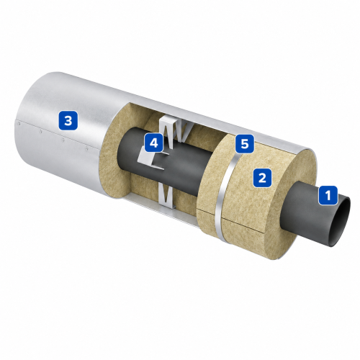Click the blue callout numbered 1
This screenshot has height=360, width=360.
click(x=328, y=195)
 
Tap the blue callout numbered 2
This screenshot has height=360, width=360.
click(x=262, y=178)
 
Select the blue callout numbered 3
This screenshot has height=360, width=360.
click(x=68, y=120)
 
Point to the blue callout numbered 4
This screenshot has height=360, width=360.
click(x=154, y=143)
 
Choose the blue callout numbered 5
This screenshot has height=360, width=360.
click(x=245, y=144)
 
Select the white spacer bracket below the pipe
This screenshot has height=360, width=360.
click(x=166, y=196)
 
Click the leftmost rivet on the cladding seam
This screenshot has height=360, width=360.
click(x=19, y=124)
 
